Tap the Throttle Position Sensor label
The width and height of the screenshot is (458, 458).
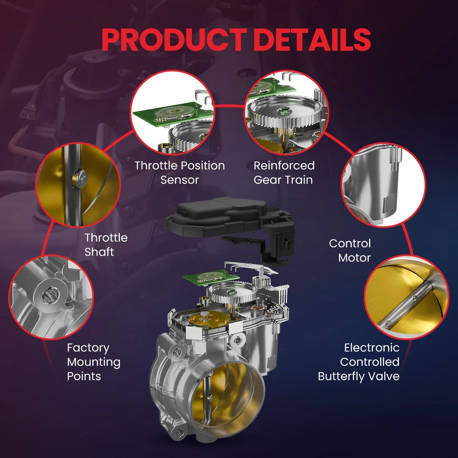179,173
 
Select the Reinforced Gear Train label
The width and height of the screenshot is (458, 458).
284,173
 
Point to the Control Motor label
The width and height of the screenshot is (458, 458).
350,250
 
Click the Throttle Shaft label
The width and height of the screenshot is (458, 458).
106,245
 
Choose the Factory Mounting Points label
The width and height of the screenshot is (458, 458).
94,362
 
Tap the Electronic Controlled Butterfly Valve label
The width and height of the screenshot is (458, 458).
359,362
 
